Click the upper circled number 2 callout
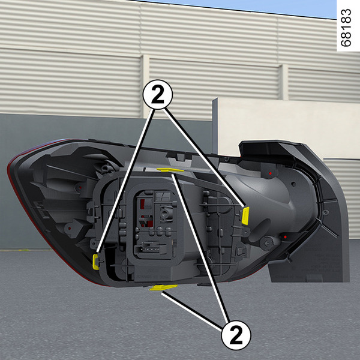(x=157, y=95)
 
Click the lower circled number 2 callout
(x=236, y=335)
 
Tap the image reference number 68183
(x=346, y=28)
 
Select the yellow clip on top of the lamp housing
(x=170, y=170)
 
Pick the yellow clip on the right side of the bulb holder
(x=245, y=216)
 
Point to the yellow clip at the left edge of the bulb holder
(x=95, y=262)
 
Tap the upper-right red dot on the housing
(x=270, y=173)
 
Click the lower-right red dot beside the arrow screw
(x=285, y=237)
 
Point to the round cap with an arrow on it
(x=267, y=243)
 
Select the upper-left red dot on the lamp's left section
(x=80, y=188)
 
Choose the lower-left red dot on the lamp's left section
(x=70, y=228)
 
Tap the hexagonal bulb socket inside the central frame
(x=166, y=212)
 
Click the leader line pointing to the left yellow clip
(x=125, y=181)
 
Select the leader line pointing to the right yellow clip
(x=205, y=157)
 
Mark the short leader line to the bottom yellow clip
(x=192, y=311)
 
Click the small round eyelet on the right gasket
(x=326, y=212)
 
